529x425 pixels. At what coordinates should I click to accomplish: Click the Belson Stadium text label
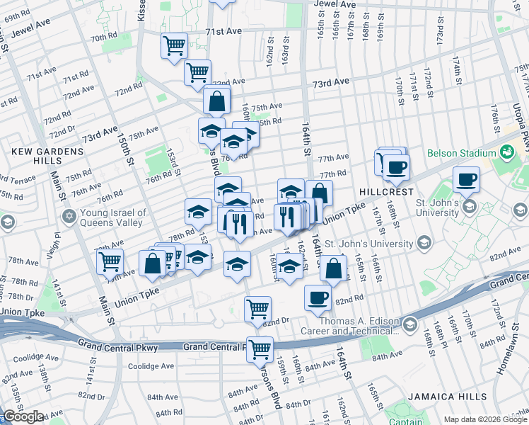click(461, 153)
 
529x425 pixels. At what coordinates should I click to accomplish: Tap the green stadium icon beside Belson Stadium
click(507, 152)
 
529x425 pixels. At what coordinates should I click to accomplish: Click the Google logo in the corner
click(23, 416)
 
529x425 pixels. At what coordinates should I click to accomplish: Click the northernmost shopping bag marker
click(217, 101)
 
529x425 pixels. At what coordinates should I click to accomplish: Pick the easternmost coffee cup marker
click(466, 180)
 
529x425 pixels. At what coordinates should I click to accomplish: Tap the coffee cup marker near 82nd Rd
click(318, 298)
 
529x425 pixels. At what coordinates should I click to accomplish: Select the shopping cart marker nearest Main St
click(110, 261)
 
